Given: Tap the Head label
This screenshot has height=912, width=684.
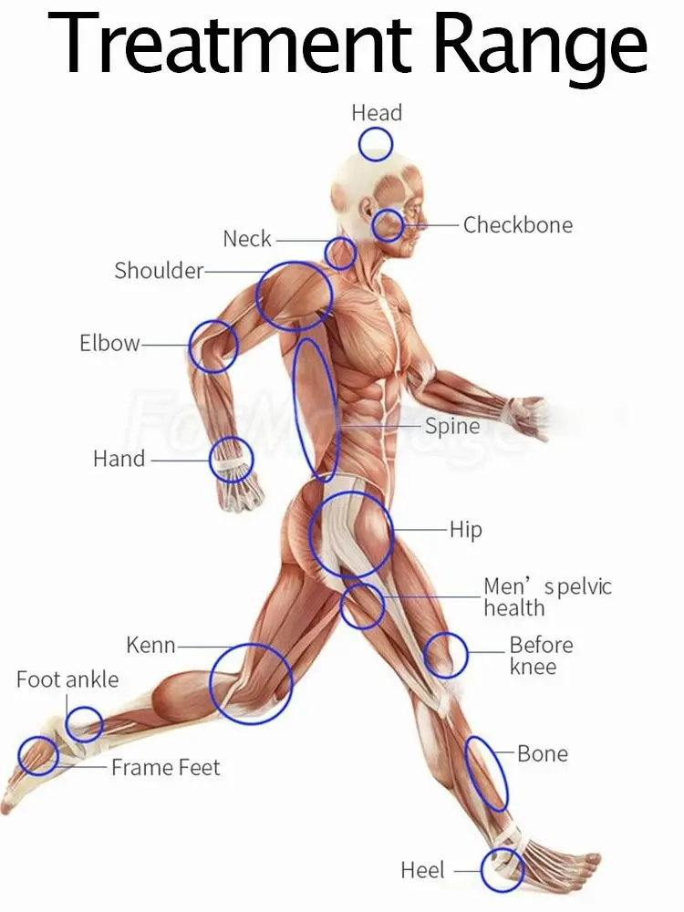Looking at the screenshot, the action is click(377, 113).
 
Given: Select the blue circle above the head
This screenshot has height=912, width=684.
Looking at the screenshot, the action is click(375, 144).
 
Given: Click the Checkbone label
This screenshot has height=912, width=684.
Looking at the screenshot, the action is click(517, 225).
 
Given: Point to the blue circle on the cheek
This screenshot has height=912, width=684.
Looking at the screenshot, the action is click(388, 224).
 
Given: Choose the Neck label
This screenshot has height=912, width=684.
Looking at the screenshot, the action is click(247, 240).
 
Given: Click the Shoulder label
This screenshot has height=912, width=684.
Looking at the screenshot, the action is click(159, 271).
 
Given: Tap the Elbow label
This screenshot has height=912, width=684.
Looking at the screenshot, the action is click(109, 344).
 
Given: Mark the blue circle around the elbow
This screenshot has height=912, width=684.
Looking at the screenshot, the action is click(213, 347).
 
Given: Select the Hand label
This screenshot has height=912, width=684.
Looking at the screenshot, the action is click(119, 459).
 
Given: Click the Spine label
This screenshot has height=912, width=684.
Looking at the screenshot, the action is click(452, 427).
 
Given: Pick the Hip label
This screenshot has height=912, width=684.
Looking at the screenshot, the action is click(465, 530).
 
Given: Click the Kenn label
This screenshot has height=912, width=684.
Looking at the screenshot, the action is click(150, 647).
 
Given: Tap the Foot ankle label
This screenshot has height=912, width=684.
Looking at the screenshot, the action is click(67, 679).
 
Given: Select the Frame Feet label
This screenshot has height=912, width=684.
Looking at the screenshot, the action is click(165, 768).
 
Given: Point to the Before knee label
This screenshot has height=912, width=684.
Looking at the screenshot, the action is click(541, 656).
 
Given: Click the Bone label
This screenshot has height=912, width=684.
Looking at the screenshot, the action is click(542, 754).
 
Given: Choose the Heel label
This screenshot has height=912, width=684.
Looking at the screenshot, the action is click(422, 870).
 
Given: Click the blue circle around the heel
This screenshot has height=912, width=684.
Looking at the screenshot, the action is click(502, 870).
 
